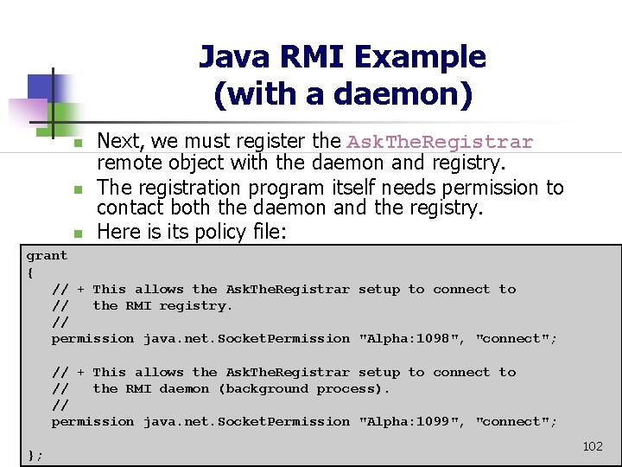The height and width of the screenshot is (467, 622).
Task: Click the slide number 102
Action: tap(593, 446)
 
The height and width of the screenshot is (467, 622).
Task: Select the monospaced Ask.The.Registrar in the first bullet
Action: tap(440, 142)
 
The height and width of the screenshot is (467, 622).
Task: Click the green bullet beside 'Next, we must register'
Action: tap(76, 142)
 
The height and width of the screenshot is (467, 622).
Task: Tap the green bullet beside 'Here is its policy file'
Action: tap(76, 233)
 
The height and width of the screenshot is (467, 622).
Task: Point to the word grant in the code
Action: tap(47, 256)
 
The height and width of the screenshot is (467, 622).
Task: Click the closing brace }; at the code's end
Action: tap(35, 455)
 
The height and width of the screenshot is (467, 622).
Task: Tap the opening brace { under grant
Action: tap(30, 272)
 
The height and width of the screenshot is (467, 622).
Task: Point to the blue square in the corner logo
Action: tap(40, 87)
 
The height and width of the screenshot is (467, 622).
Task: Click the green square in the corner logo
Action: tap(69, 116)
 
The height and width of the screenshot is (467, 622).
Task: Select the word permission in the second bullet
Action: tap(492, 188)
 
